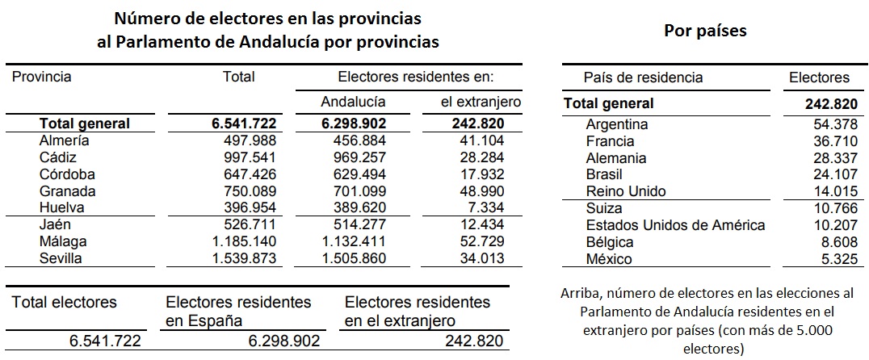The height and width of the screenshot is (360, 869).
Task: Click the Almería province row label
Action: [x=64, y=140]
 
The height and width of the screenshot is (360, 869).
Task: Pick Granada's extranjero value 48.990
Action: [x=476, y=191]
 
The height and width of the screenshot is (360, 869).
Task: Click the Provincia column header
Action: [x=42, y=77]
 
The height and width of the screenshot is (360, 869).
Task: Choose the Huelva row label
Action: [x=61, y=207]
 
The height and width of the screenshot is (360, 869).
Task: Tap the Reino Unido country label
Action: [x=626, y=191]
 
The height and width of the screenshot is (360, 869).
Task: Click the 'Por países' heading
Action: [x=705, y=31]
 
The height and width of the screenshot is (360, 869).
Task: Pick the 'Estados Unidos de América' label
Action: [x=675, y=225]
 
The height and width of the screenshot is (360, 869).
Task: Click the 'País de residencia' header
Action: [x=643, y=78]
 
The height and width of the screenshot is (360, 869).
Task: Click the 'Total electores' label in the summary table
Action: [x=64, y=303]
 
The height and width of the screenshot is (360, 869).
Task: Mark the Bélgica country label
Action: [x=610, y=242]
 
